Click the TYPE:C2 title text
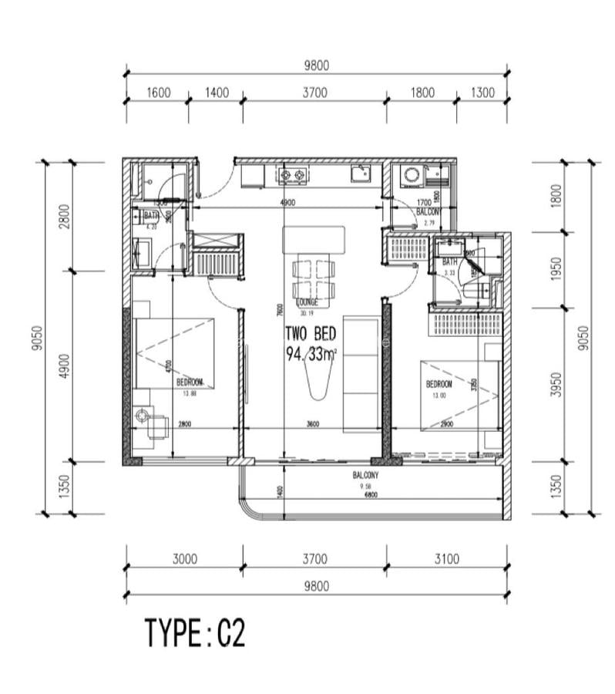[195, 633]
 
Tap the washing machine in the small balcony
[411, 175]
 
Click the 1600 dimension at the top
[157, 93]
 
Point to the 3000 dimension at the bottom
[184, 558]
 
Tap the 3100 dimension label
[446, 558]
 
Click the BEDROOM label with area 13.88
[189, 382]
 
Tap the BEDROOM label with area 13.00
[439, 383]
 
